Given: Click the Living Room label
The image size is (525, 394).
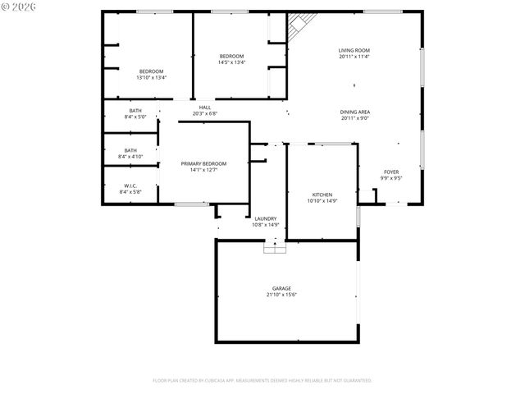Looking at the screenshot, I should (x=354, y=51).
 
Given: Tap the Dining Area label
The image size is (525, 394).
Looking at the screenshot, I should (x=354, y=112).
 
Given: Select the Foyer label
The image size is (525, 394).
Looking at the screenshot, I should (x=390, y=172).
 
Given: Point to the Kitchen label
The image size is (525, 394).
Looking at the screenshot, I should (x=322, y=195).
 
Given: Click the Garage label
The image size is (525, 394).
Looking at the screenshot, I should (x=282, y=288).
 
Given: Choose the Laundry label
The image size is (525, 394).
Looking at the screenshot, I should (x=265, y=218).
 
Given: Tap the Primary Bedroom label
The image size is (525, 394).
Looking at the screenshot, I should (x=203, y=163).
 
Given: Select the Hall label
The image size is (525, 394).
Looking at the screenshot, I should (x=204, y=107).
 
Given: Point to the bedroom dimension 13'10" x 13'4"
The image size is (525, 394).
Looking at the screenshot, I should (x=151, y=77).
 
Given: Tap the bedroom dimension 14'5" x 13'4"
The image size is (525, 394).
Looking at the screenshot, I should (x=231, y=62).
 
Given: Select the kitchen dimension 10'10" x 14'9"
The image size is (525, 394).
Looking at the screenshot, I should (x=322, y=200).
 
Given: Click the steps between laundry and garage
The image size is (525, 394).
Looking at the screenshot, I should (x=273, y=246).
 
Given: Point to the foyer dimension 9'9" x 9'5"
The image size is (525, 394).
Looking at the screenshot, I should (x=390, y=177).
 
